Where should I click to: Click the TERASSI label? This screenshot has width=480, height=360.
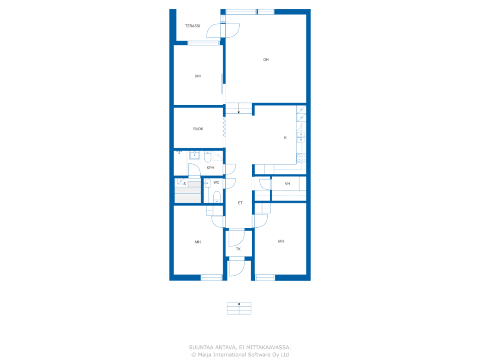pos(192,26)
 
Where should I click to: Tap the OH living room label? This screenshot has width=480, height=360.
pos(266,60)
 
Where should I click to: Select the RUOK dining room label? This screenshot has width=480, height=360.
pos(198,129)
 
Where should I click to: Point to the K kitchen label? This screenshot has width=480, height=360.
pos(285,138)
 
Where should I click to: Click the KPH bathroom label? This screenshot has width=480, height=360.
pos(210,168)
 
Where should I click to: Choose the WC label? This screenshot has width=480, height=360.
pos(216,183)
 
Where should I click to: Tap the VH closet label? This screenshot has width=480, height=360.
pos(287,184)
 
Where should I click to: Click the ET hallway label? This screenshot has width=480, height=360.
pos(240,203)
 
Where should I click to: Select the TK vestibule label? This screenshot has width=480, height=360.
pos(238,249)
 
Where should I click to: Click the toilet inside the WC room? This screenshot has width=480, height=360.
pos(217,197)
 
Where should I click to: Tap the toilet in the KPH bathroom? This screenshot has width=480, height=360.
pos(207,156)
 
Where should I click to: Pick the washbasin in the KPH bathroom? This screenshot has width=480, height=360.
pos(194,155)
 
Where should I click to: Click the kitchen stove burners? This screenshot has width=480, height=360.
pos(301,158)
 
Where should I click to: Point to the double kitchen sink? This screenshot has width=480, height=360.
pos(301,137)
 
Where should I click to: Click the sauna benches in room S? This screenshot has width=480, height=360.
pos(187,192)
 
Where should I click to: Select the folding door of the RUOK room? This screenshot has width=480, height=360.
pos(224,127)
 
